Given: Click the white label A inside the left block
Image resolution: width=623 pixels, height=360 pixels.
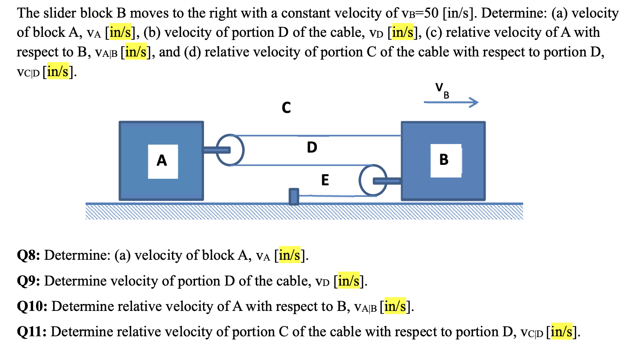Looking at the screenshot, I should pos(162,161).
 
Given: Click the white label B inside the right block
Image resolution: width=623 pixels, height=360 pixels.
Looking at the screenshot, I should pos(445,160).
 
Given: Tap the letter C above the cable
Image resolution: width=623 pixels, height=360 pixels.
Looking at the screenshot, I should pos(286,108).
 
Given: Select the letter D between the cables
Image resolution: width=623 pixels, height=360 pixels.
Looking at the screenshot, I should pos(312,147).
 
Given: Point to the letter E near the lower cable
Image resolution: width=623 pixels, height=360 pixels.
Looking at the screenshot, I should pos(325,180).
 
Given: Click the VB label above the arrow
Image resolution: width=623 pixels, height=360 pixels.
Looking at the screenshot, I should pos(442,90).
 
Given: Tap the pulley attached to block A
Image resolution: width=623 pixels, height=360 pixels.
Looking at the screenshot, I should pos(230,150).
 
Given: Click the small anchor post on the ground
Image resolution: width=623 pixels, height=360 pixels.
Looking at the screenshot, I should pos(294,196).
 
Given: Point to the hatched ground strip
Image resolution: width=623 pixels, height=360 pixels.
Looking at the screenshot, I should pos(304,212).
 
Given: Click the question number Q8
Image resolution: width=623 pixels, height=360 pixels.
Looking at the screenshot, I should pos(28,255).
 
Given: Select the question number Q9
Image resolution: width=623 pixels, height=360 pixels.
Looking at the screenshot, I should pos(28,281).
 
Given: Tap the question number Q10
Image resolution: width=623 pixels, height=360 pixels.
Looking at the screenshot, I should pos(32,306).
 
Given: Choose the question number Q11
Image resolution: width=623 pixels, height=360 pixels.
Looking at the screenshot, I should pos(31,332).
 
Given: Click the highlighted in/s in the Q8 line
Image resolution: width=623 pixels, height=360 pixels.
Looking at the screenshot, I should pos(289,255).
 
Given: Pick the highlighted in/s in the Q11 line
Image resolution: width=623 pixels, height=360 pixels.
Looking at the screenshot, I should pos(561,332).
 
